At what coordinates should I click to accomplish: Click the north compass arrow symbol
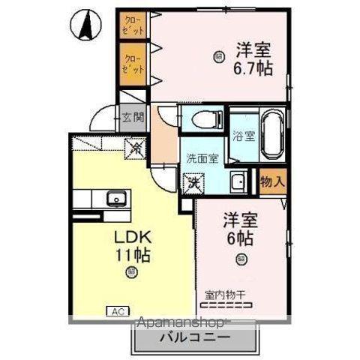[87, 25]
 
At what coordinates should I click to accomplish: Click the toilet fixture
[205, 118]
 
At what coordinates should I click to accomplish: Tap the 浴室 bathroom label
[243, 136]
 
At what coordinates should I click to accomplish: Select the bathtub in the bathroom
[270, 135]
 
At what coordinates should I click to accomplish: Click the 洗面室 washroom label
[202, 158]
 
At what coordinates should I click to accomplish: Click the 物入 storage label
[271, 181]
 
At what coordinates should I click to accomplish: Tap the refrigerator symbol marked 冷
[137, 148]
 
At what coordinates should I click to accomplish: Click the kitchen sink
[116, 199]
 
